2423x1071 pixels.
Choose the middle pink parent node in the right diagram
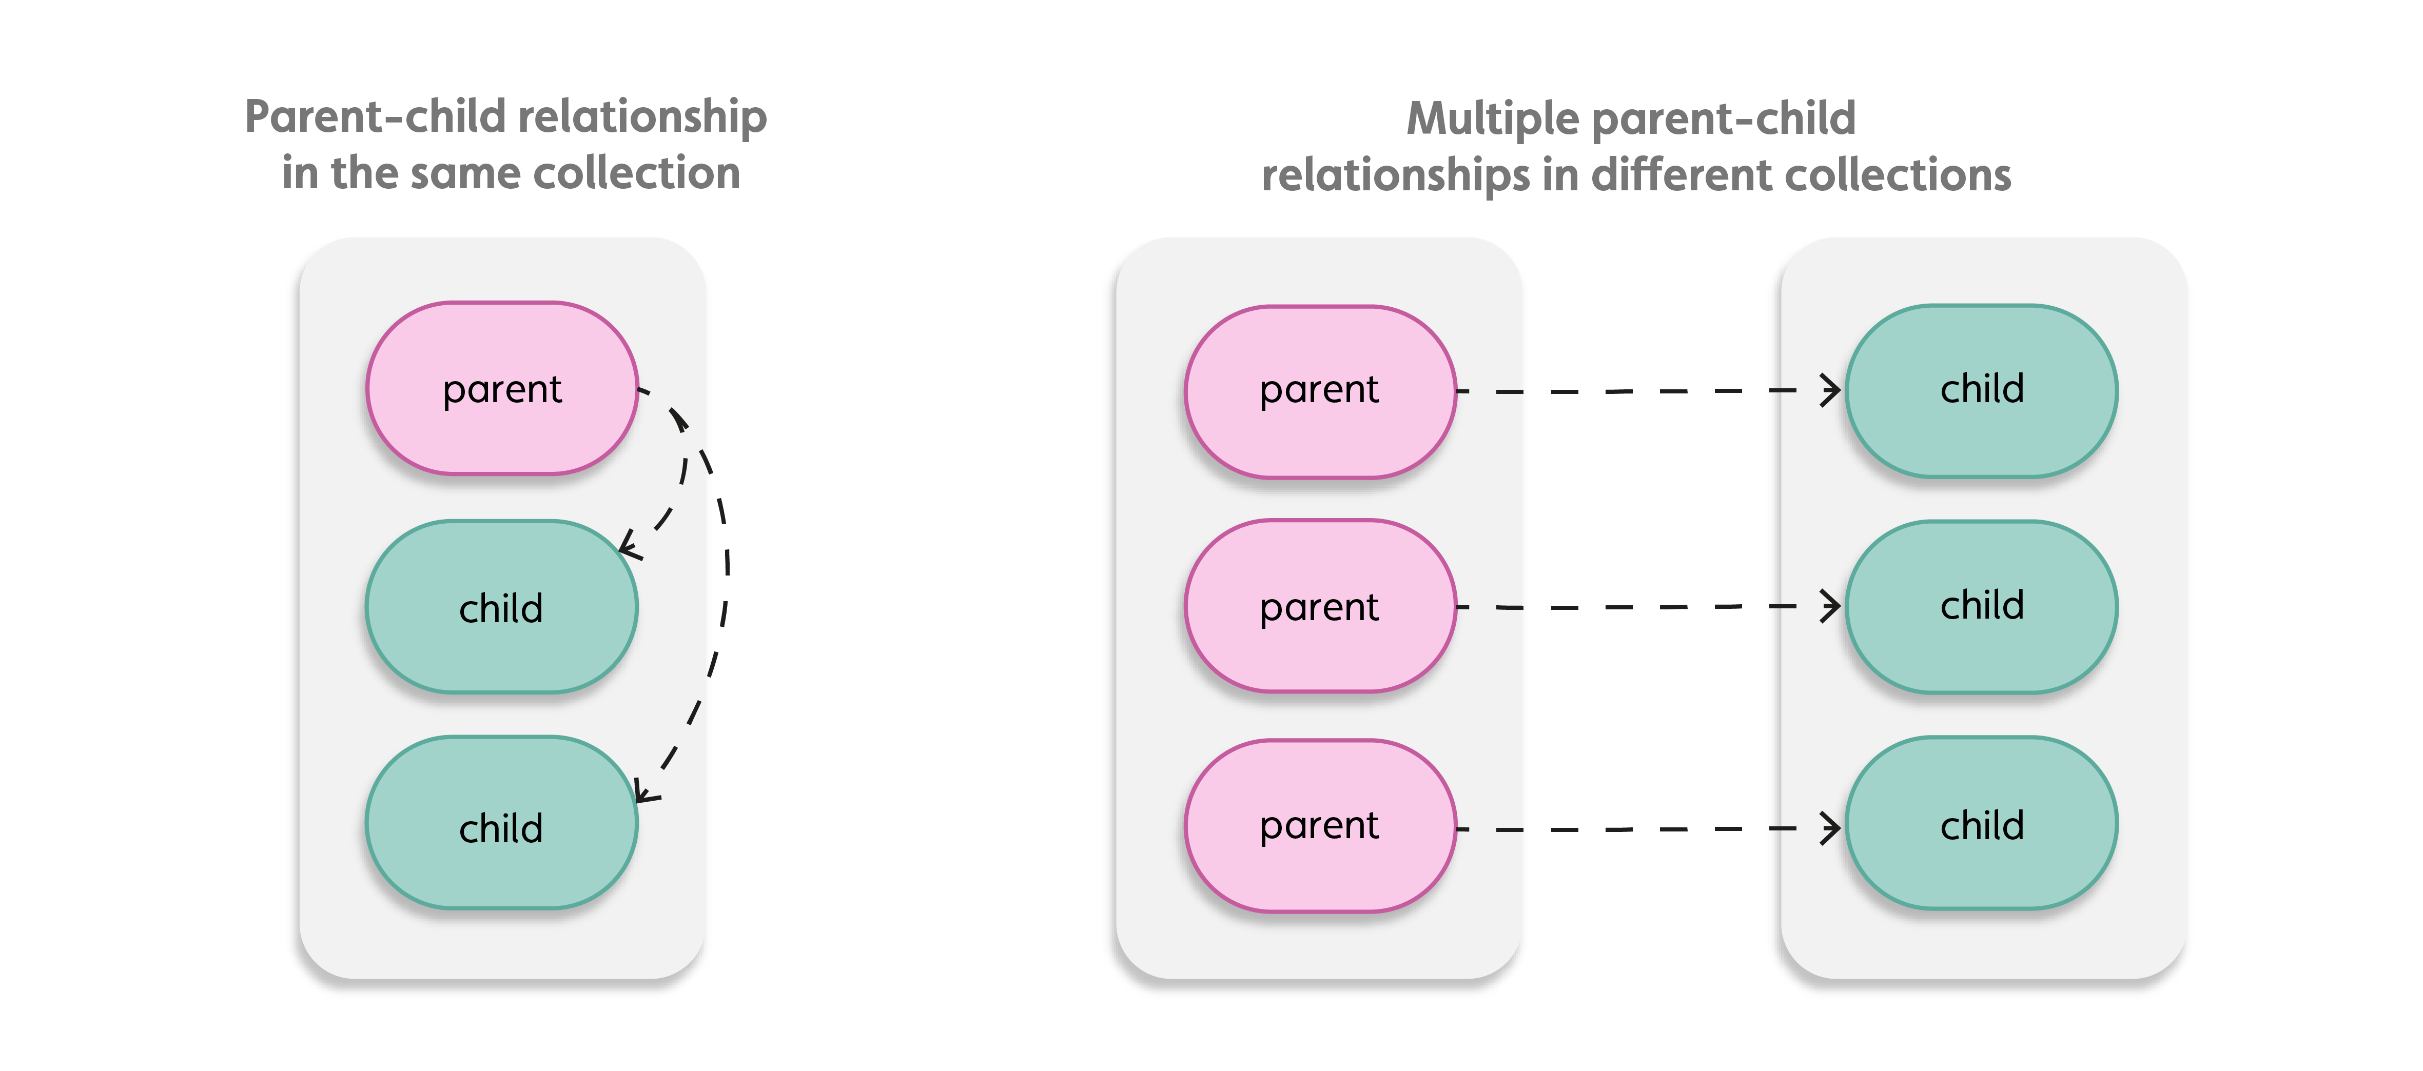1320,606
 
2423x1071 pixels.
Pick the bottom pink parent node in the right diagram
1320,826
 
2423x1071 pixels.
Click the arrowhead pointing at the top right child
1830,390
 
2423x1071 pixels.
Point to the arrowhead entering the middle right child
1830,606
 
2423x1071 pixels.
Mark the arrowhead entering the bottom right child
1830,828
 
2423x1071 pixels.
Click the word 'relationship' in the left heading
642,118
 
